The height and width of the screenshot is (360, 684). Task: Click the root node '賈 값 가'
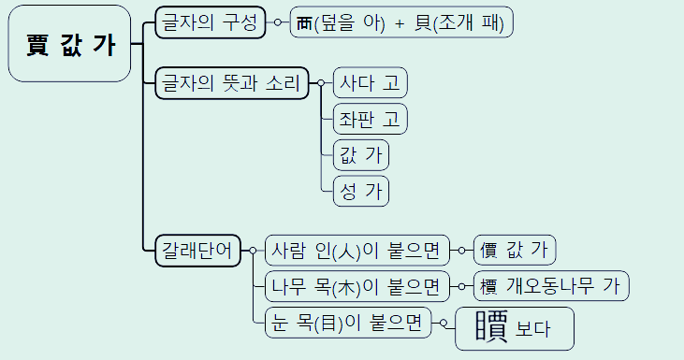click(68, 44)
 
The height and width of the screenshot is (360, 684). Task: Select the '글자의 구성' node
click(211, 22)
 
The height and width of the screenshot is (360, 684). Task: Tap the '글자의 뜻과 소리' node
click(231, 83)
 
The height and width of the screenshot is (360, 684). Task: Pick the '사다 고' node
click(371, 83)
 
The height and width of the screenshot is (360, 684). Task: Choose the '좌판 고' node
click(371, 119)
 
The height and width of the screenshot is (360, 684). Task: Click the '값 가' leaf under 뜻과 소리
click(361, 154)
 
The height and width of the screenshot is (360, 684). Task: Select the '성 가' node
click(361, 190)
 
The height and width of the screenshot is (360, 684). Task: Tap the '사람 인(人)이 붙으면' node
click(357, 250)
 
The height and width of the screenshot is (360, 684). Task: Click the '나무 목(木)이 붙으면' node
click(357, 285)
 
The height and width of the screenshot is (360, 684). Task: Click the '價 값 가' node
click(515, 250)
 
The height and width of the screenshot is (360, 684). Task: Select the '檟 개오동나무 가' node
click(551, 285)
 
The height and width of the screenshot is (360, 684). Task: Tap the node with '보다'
click(514, 328)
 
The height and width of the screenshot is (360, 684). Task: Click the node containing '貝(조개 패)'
click(401, 22)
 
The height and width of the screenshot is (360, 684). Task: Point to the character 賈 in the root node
click(37, 45)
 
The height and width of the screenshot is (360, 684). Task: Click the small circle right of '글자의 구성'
click(277, 22)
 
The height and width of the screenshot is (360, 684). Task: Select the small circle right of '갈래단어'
click(253, 250)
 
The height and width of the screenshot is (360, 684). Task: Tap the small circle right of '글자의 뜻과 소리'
click(320, 83)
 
